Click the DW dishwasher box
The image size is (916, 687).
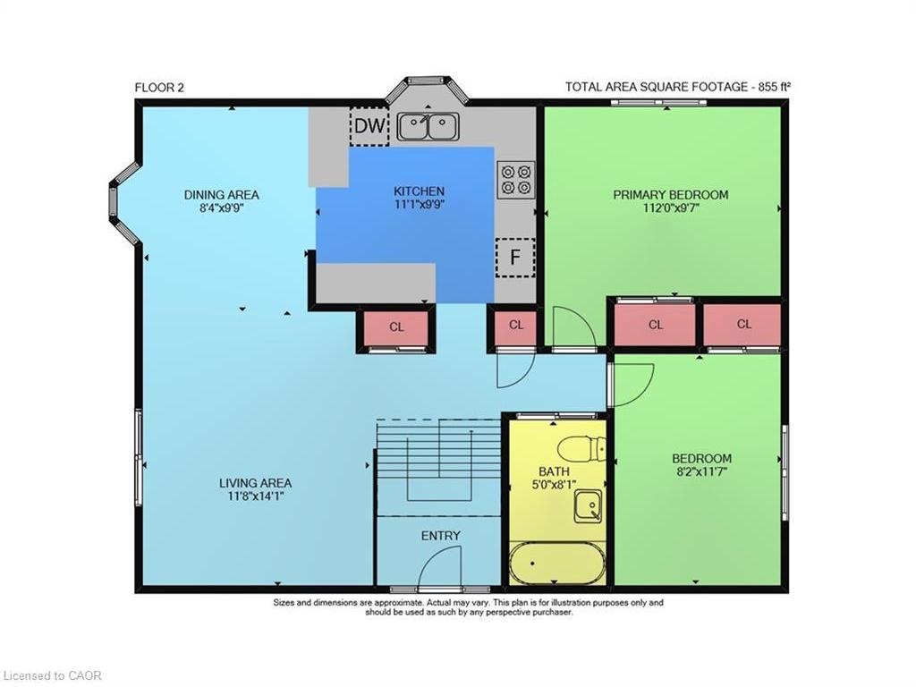pos(369,126)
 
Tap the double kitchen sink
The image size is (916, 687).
pos(428,126)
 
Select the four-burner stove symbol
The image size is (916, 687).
pos(515,178)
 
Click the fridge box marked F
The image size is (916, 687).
pos(515,258)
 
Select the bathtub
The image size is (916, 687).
pos(557,564)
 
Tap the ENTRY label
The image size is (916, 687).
pos(441,536)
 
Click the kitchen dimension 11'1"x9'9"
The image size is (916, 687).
pos(419,204)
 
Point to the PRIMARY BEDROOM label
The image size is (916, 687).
pos(670,194)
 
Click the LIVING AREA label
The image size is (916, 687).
pos(255,483)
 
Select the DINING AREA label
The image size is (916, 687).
pos(221,194)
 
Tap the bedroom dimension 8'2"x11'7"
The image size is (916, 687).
pos(701,472)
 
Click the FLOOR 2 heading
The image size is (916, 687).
pos(159,87)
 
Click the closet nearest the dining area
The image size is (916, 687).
pos(396,327)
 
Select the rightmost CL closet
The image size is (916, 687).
pos(743,325)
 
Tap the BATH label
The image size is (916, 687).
pos(554,471)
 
